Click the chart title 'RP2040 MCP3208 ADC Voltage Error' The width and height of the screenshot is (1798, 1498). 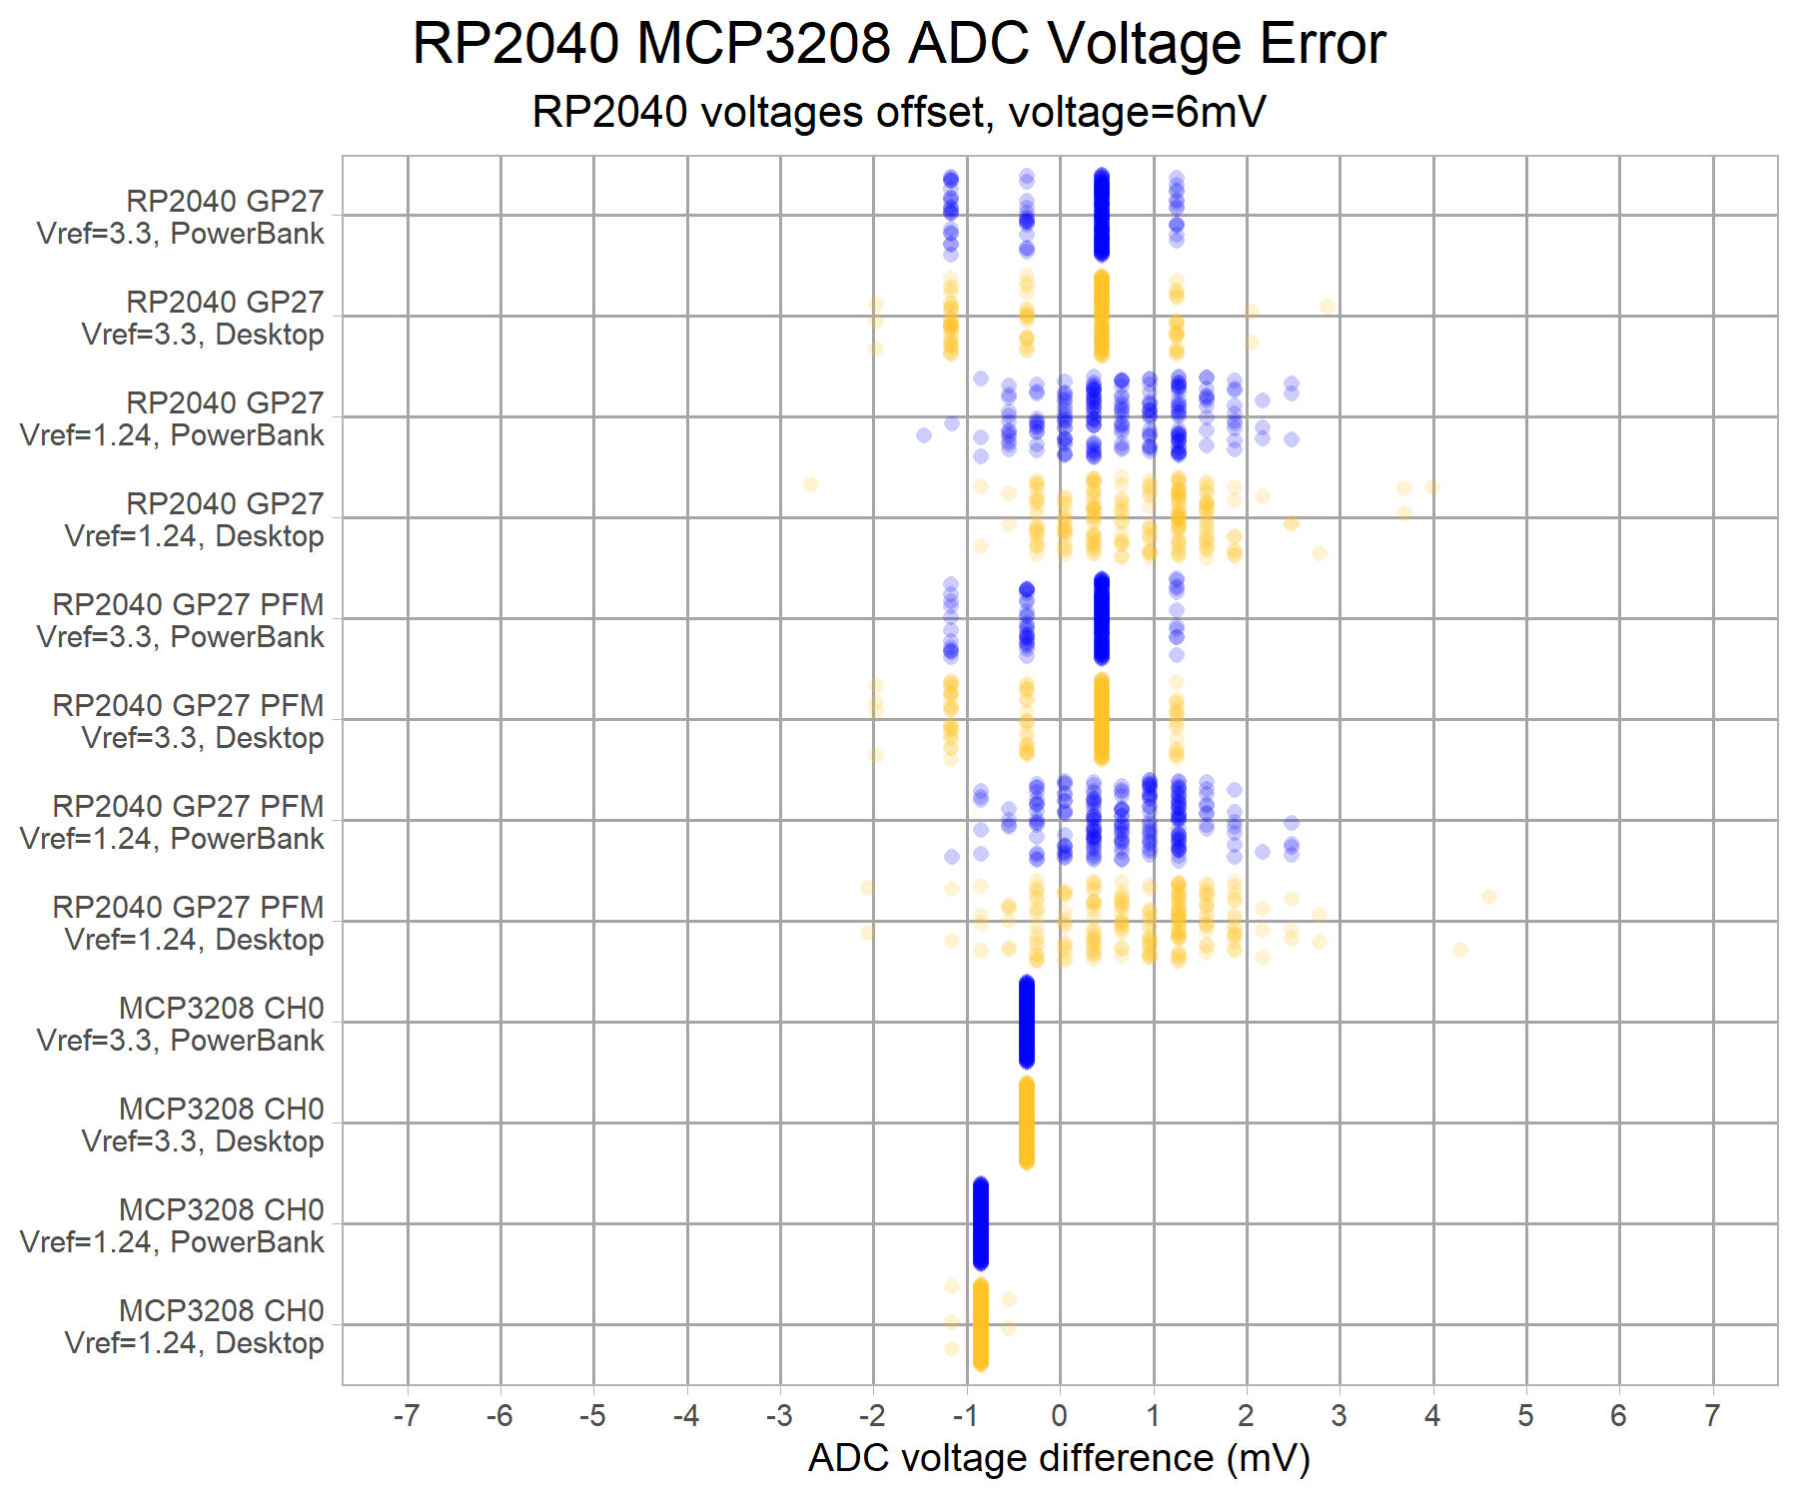click(x=898, y=44)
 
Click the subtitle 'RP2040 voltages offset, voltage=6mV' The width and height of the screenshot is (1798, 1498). click(x=898, y=112)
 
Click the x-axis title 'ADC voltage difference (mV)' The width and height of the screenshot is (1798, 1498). click(x=1059, y=1458)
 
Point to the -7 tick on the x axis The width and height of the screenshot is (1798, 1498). click(x=406, y=1415)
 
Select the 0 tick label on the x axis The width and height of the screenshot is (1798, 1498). click(x=1060, y=1415)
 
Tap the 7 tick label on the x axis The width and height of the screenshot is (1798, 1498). click(x=1712, y=1415)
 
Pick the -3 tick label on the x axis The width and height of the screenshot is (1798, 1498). click(x=779, y=1415)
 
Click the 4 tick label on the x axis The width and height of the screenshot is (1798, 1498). click(x=1432, y=1415)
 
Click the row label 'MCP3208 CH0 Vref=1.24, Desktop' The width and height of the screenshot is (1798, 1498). click(x=195, y=1326)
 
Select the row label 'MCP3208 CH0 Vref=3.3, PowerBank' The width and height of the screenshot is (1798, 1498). click(x=181, y=1024)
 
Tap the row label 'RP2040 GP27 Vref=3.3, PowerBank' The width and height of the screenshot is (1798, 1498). click(x=181, y=217)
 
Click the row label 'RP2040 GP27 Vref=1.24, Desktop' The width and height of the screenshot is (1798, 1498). click(x=195, y=519)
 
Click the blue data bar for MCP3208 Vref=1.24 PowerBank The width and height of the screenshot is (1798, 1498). click(x=980, y=1223)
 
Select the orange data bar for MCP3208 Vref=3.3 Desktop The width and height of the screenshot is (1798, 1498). click(x=1026, y=1123)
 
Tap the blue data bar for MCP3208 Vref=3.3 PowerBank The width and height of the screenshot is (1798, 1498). click(x=1026, y=1022)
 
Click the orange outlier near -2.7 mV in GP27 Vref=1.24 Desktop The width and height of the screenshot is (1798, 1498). click(x=811, y=484)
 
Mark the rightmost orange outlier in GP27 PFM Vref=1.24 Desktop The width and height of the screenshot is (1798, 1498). click(x=1489, y=897)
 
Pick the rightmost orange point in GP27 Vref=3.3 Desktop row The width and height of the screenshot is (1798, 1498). click(x=1327, y=307)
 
